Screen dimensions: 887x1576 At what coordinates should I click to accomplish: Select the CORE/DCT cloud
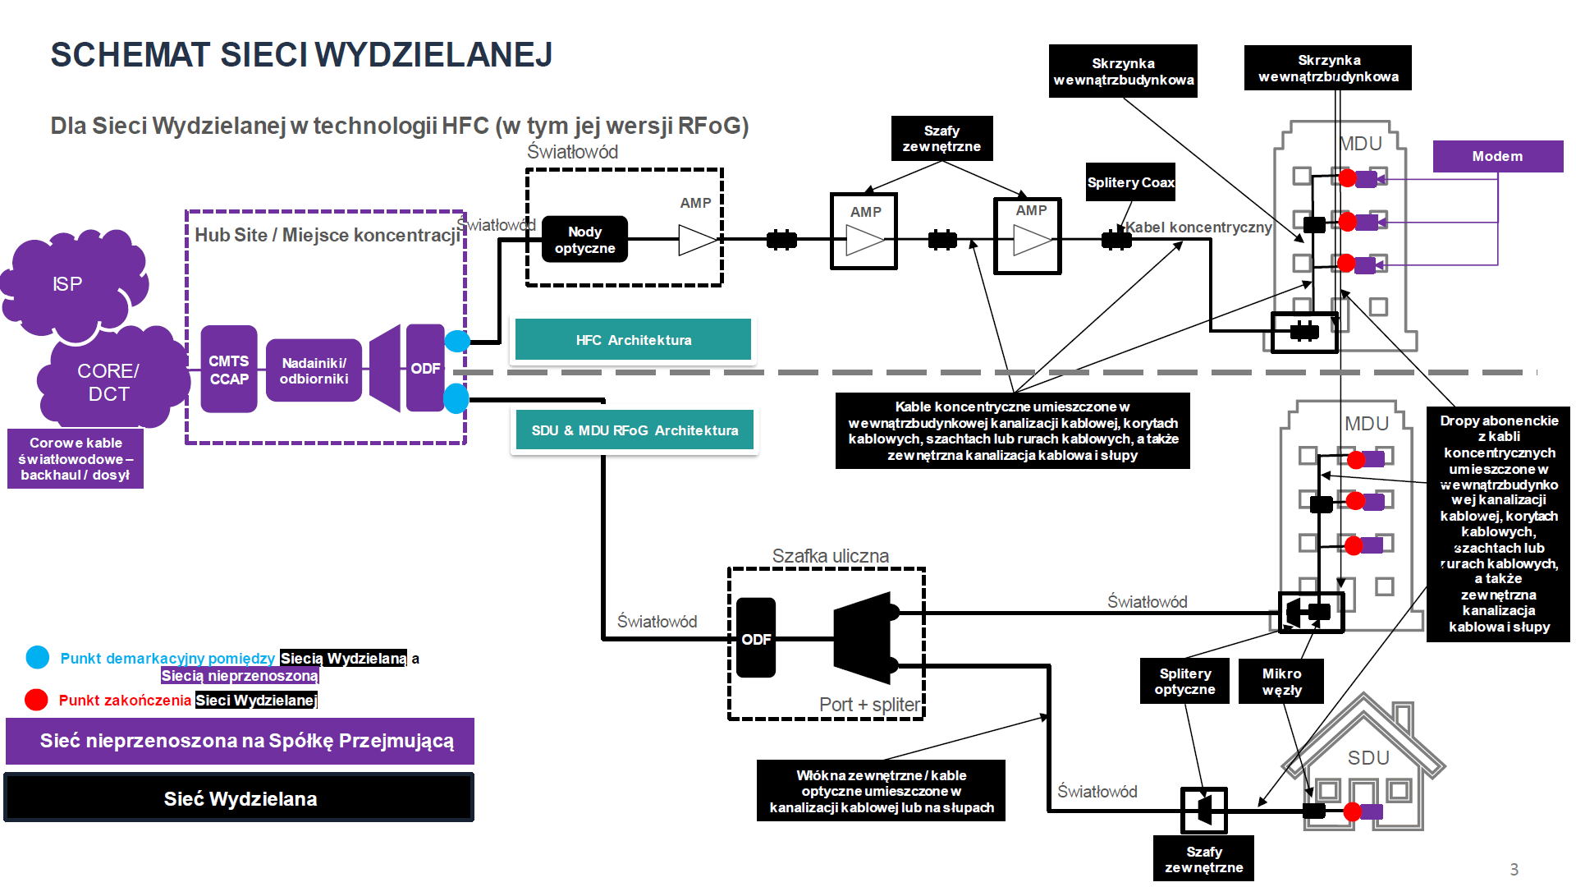pos(108,382)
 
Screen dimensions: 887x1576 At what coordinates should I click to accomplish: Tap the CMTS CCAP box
pos(229,370)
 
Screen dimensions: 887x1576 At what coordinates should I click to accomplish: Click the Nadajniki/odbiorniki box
pos(314,370)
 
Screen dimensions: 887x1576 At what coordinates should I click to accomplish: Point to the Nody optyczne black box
pos(584,240)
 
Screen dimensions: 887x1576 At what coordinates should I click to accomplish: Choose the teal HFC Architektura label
pos(633,340)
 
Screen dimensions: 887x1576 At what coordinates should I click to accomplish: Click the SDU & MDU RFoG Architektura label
pos(634,430)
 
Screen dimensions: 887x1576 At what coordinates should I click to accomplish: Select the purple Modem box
pos(1497,156)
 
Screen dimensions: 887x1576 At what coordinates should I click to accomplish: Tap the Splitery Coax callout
pos(1130,182)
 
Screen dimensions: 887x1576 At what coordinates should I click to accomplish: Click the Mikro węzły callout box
pos(1281,682)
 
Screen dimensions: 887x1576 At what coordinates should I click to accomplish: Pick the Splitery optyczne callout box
pos(1184,682)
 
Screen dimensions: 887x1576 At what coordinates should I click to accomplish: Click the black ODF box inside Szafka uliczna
pos(756,638)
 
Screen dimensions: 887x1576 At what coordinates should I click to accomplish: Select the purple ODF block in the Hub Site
pos(425,368)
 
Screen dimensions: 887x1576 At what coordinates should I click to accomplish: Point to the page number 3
pos(1514,869)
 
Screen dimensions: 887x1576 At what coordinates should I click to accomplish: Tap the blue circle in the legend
pos(38,657)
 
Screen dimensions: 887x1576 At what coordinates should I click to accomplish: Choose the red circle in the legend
pos(36,700)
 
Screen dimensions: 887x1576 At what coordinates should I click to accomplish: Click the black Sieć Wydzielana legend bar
pos(240,798)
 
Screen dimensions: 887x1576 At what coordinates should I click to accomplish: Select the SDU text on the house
pos(1368,758)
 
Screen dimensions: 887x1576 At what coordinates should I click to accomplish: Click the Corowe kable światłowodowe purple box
pos(76,458)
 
